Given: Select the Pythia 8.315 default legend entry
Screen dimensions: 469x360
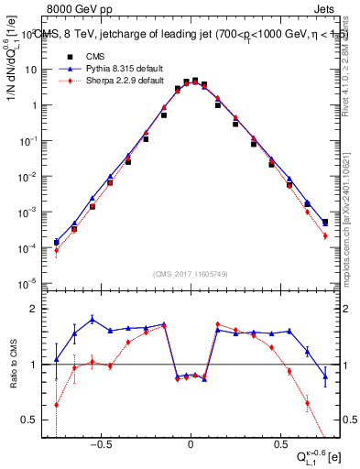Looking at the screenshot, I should (x=105, y=68).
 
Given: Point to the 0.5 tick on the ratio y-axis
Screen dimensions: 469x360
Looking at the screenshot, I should (x=34, y=420).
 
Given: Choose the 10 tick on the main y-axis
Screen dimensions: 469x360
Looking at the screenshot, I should (x=36, y=70).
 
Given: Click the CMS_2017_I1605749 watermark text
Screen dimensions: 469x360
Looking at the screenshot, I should (x=189, y=275).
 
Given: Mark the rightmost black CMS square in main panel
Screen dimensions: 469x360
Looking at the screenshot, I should (x=325, y=222).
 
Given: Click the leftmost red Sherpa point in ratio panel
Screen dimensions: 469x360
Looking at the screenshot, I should (x=57, y=404).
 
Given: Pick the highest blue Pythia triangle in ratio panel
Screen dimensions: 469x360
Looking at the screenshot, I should (x=93, y=320).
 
